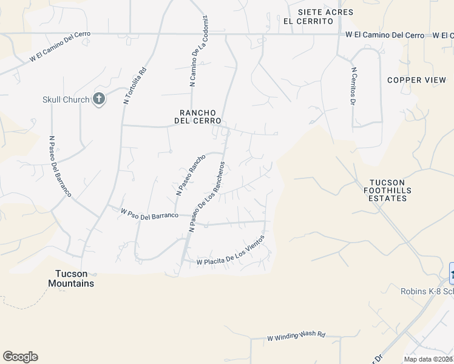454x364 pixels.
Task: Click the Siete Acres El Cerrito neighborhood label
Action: pyautogui.click(x=308, y=16)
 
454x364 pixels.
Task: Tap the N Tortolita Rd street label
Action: pyautogui.click(x=135, y=85)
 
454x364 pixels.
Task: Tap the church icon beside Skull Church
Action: pyautogui.click(x=100, y=99)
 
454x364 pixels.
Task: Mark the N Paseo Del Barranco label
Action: pyautogui.click(x=61, y=166)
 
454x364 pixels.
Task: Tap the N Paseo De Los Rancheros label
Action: pyautogui.click(x=208, y=196)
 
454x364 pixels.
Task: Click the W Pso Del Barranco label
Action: pyautogui.click(x=149, y=214)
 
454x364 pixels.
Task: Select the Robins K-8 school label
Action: pyautogui.click(x=427, y=291)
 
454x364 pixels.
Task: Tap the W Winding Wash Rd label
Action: pyautogui.click(x=296, y=335)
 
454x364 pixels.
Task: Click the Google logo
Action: pyautogui.click(x=20, y=357)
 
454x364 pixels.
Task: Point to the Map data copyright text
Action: pyautogui.click(x=429, y=359)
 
